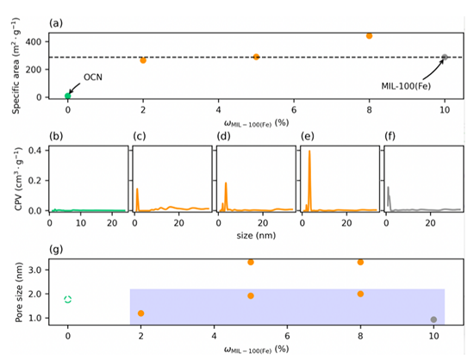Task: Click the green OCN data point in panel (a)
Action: (68, 96)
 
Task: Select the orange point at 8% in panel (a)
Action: (369, 36)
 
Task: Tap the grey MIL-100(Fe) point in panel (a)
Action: (445, 57)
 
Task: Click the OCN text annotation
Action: (93, 78)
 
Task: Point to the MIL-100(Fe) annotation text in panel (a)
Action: (406, 86)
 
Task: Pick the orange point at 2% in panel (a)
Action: (143, 60)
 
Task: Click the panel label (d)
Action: (223, 137)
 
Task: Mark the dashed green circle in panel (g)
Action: (68, 300)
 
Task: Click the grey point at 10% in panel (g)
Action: (433, 320)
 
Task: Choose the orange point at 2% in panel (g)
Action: (140, 313)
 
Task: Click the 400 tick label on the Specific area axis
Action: (34, 41)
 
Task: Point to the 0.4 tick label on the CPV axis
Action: (34, 151)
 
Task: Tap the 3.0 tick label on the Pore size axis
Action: (34, 270)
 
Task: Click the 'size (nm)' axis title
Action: (256, 235)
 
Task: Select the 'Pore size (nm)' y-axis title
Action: (19, 292)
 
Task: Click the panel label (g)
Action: (56, 250)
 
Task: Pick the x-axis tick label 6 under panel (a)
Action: (294, 109)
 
